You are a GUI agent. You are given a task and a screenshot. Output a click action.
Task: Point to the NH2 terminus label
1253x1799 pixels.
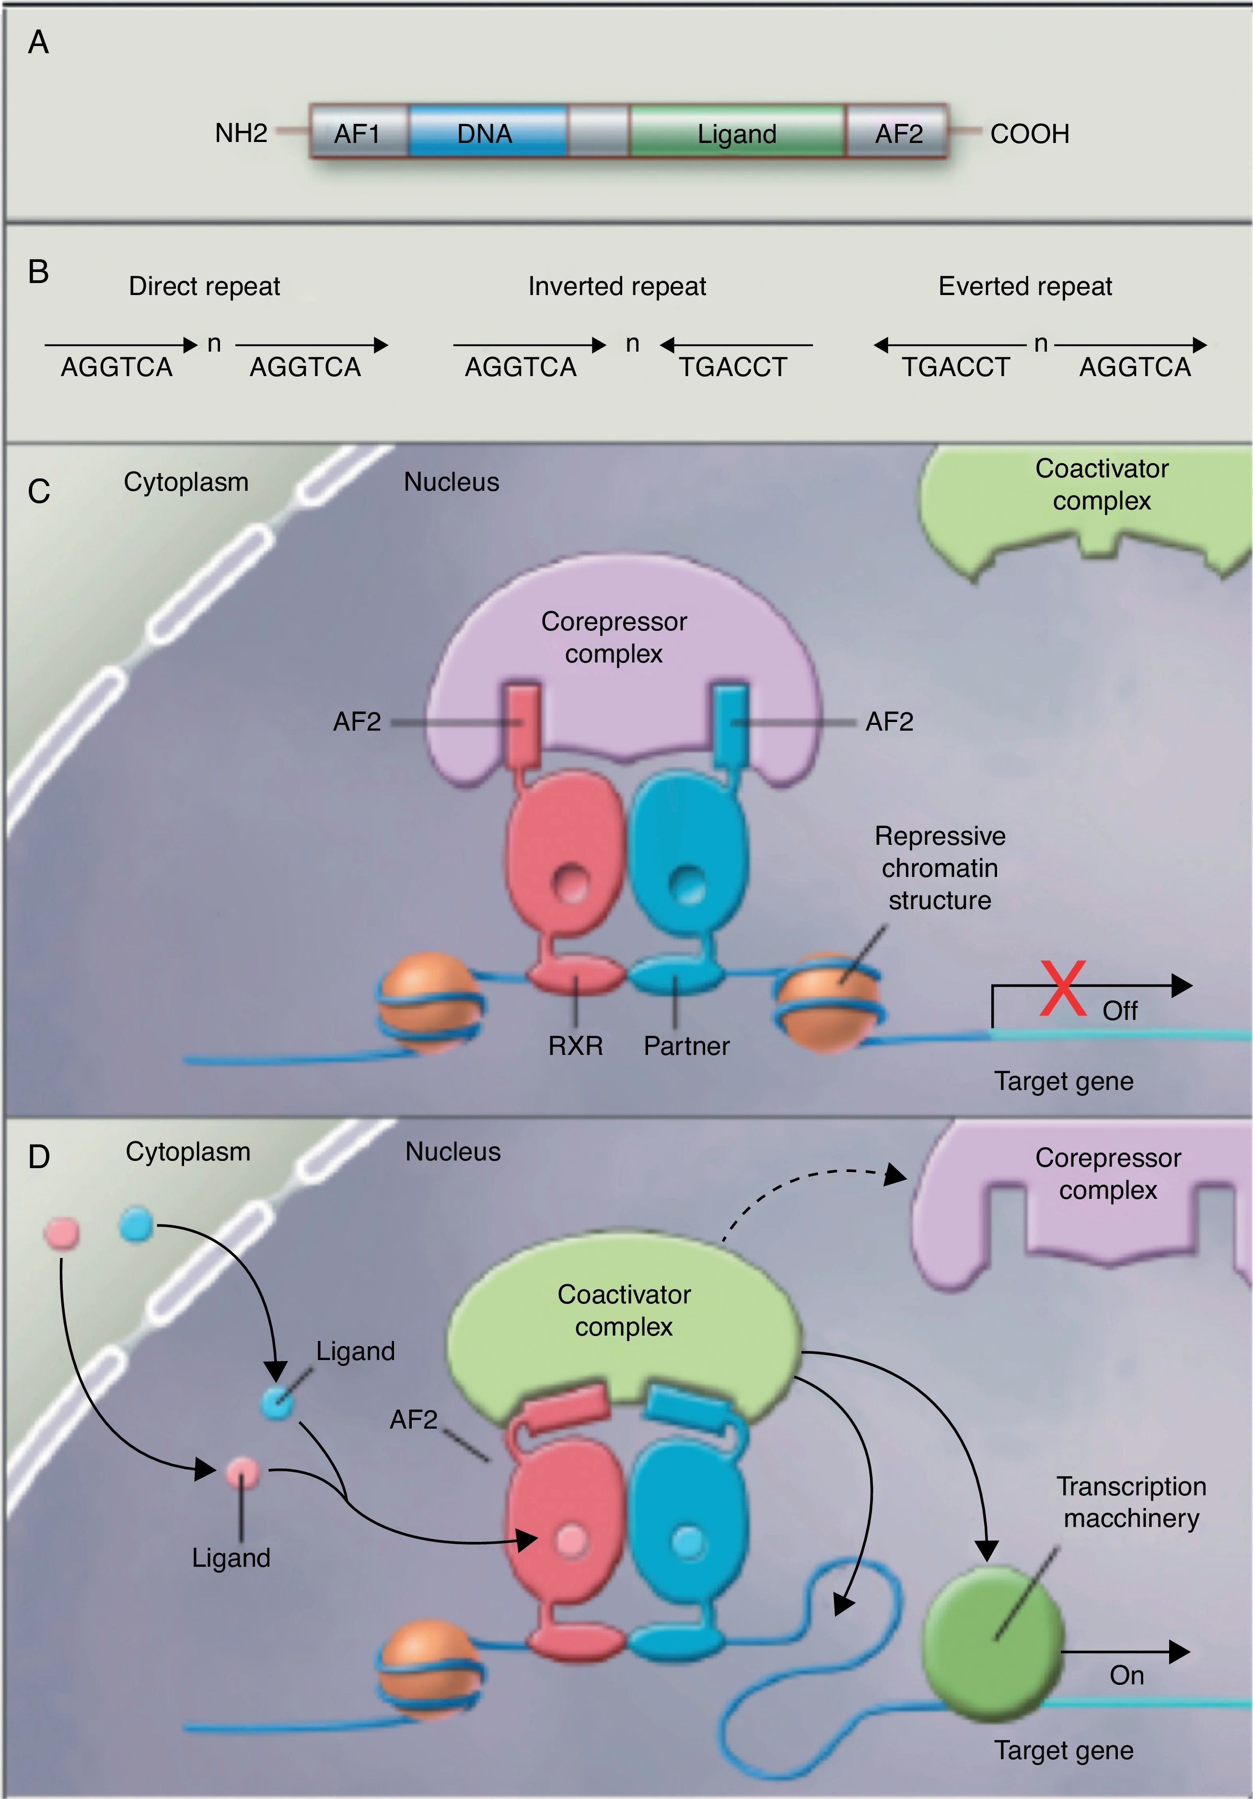pos(241,133)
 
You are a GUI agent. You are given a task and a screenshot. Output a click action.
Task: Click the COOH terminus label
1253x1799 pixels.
pos(1029,134)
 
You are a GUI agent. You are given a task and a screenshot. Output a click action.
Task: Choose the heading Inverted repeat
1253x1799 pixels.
pos(617,286)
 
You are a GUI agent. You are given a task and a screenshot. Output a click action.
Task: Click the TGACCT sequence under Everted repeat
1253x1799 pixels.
pos(955,367)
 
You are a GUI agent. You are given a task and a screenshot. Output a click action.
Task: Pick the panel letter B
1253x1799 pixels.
pos(38,272)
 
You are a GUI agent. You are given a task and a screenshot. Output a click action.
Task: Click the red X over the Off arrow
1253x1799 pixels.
pos(1063,989)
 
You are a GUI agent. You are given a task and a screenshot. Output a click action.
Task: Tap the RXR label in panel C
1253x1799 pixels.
pos(576,1046)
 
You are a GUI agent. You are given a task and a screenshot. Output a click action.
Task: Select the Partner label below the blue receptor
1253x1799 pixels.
pos(686,1046)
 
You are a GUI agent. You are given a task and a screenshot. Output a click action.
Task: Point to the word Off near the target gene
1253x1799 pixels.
pos(1120,1011)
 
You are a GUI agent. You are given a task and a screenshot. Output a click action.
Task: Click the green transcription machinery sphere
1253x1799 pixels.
pos(993,1638)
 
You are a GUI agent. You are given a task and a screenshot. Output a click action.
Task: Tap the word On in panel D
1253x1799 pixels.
pos(1126,1675)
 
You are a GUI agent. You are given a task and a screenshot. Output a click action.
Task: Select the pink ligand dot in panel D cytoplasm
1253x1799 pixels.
pos(62,1232)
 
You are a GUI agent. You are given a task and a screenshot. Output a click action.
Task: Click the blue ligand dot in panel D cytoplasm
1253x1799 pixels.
pos(136,1224)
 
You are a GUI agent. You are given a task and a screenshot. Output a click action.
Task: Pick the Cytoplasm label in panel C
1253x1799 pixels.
pos(186,482)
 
